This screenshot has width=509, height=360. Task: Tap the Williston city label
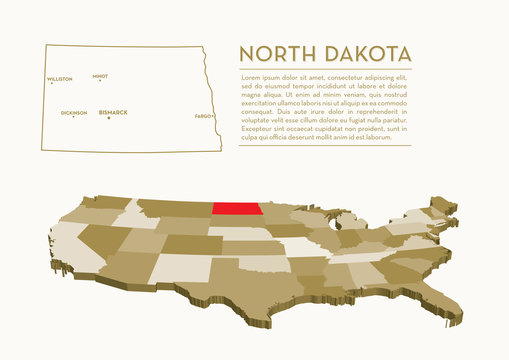[x=59, y=78]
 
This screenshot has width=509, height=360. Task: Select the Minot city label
[x=99, y=75]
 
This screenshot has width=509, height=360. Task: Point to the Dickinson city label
[x=73, y=112]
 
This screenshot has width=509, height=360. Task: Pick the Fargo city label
[x=204, y=116]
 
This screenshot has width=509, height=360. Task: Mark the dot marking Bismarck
[x=106, y=117]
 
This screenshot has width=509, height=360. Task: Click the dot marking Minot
[x=99, y=80]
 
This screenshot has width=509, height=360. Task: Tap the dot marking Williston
[x=52, y=83]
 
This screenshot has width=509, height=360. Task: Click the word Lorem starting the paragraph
[x=251, y=77]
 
